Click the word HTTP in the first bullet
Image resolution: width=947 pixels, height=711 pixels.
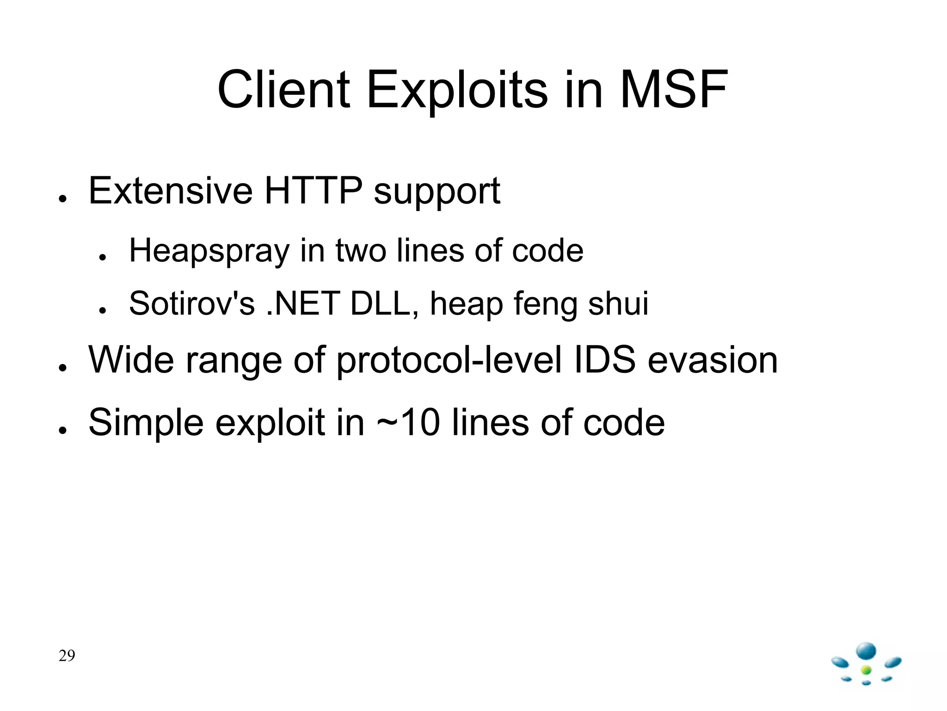[313, 191]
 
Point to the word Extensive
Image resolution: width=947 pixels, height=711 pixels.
[171, 191]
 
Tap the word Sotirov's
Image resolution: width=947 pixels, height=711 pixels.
[192, 304]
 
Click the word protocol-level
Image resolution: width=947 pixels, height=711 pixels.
[449, 361]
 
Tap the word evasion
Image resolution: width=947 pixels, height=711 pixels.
[713, 361]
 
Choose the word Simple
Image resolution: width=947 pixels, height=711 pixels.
[146, 423]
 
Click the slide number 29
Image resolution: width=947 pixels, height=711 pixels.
[67, 655]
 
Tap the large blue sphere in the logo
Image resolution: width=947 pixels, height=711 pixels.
[866, 651]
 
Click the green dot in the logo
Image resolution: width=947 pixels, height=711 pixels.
[867, 670]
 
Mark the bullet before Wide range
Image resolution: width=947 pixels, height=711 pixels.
[63, 368]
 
